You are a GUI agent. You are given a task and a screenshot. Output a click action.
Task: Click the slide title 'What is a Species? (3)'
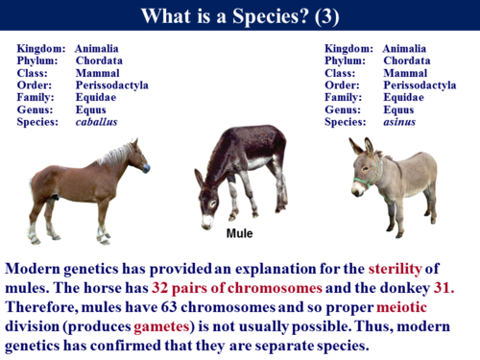tap(239, 16)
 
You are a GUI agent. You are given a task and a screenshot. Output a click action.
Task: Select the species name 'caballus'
tap(97, 122)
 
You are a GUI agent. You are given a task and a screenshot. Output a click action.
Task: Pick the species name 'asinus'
tap(399, 122)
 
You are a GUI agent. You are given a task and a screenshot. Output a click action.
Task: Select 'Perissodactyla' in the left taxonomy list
tap(112, 84)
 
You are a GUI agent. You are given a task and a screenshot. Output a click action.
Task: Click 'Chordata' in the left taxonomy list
tap(99, 60)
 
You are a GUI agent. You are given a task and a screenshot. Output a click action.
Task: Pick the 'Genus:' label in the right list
tap(346, 109)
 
